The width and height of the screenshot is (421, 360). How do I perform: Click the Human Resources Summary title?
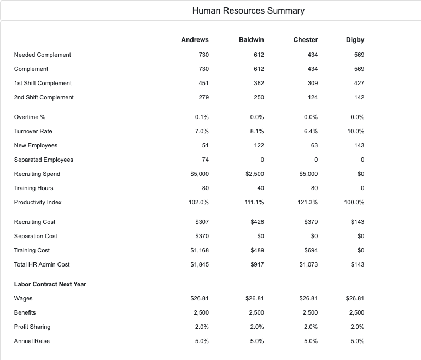pyautogui.click(x=249, y=10)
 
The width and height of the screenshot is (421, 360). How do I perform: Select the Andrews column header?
pyautogui.click(x=195, y=40)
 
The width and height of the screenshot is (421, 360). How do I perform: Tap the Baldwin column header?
pyautogui.click(x=252, y=40)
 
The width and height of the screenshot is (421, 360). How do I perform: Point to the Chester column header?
pyautogui.click(x=306, y=40)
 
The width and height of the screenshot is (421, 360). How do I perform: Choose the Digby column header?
pyautogui.click(x=355, y=40)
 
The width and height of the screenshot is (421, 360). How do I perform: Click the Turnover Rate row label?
pyautogui.click(x=33, y=131)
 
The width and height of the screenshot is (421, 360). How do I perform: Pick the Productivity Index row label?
pyautogui.click(x=38, y=202)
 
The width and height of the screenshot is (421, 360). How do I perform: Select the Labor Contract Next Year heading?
pyautogui.click(x=50, y=284)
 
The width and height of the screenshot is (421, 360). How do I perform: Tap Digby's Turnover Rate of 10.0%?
pyautogui.click(x=355, y=131)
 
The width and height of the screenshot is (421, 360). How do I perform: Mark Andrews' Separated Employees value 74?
pyautogui.click(x=205, y=160)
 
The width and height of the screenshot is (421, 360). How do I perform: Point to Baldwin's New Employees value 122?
pyautogui.click(x=259, y=145)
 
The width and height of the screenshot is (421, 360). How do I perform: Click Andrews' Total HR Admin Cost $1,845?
pyautogui.click(x=200, y=264)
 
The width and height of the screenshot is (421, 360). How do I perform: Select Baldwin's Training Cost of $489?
pyautogui.click(x=257, y=250)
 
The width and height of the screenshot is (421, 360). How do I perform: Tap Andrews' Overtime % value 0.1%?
pyautogui.click(x=202, y=117)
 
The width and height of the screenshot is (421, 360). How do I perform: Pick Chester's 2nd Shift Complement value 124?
pyautogui.click(x=313, y=97)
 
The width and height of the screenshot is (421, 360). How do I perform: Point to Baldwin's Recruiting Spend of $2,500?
pyautogui.click(x=255, y=174)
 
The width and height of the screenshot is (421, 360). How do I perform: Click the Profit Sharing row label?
pyautogui.click(x=32, y=327)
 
